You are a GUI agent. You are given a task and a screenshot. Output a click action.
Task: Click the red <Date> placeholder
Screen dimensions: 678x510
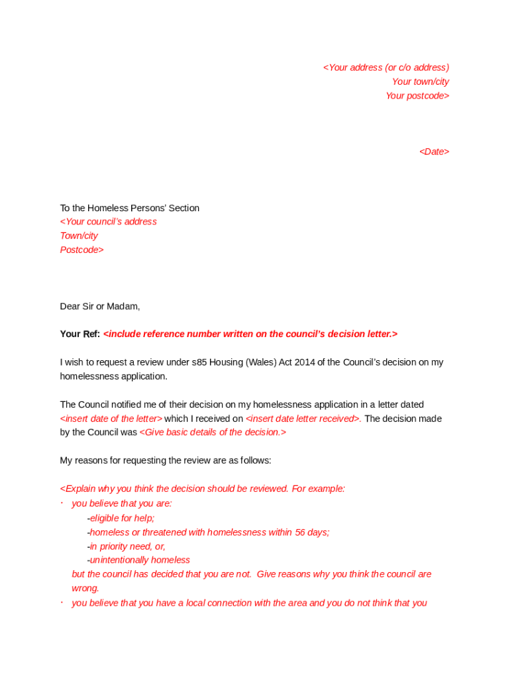coord(434,152)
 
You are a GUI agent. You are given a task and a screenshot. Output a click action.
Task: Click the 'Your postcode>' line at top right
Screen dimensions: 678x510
coord(417,96)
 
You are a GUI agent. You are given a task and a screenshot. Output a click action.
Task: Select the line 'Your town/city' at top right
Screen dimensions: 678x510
coord(420,81)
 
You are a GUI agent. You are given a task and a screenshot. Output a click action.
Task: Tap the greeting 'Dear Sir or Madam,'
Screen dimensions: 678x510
coord(100,306)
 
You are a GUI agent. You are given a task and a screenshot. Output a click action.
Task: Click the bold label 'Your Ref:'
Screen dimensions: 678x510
coord(79,334)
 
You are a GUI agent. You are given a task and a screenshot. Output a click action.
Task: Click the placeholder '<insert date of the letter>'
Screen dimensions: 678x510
coord(111,418)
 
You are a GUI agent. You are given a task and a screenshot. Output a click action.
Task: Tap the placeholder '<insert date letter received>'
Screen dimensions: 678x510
coord(303,418)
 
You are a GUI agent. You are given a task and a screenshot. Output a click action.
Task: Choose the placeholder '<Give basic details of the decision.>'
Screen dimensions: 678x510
coord(213,432)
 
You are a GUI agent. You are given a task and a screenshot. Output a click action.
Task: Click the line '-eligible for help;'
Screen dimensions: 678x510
coord(121,518)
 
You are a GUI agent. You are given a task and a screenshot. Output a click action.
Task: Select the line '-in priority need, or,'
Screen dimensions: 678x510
coord(126,546)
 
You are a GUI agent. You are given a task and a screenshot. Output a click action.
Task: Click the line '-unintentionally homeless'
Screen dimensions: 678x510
coord(138,560)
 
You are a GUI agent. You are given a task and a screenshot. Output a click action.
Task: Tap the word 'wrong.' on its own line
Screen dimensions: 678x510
coord(85,588)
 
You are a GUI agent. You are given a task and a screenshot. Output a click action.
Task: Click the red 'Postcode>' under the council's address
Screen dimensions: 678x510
coord(81,250)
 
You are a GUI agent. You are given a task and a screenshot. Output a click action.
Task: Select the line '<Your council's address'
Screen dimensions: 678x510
coord(109,222)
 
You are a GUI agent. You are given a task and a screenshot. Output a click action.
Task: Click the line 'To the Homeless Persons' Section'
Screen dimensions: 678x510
coord(130,208)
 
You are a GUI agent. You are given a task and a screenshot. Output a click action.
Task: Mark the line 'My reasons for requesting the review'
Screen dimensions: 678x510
coord(166,460)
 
